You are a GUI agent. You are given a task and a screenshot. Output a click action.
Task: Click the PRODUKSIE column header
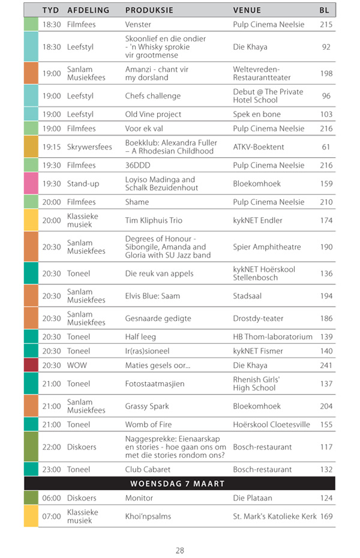tap(149, 10)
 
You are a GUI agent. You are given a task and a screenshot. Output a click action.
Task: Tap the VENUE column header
tap(247, 10)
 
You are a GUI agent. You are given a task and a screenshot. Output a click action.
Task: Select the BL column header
tap(325, 10)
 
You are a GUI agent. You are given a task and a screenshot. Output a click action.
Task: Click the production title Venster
tap(138, 25)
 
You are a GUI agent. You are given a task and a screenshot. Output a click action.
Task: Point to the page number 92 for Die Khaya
tap(326, 47)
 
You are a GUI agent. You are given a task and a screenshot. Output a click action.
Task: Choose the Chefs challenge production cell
tap(152, 96)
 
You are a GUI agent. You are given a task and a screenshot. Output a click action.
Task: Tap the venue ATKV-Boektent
tap(259, 147)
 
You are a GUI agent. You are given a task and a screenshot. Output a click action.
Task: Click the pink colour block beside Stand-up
tap(31, 184)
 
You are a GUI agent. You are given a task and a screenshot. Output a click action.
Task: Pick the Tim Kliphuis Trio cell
tap(152, 220)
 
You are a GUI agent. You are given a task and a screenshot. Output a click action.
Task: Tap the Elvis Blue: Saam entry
tap(152, 296)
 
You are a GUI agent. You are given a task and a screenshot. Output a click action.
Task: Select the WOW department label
tap(77, 365)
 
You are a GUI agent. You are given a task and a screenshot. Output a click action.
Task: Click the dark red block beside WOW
tap(31, 365)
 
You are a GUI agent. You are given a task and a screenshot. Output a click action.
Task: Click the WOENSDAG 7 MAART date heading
tap(179, 484)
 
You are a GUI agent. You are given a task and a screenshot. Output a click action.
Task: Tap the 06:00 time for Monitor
tap(52, 498)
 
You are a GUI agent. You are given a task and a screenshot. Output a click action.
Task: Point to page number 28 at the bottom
tap(180, 550)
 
